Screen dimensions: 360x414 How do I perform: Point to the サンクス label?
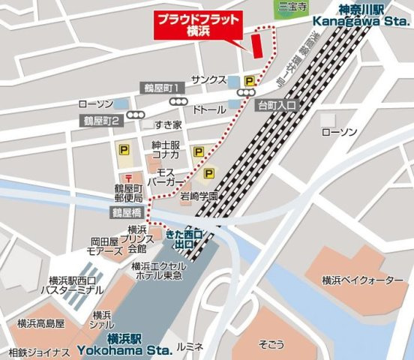pos(208,79)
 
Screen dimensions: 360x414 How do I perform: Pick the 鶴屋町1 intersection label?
pos(160,88)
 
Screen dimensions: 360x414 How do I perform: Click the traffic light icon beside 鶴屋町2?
pos(136,115)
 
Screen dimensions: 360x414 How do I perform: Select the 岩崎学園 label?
pos(199,196)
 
